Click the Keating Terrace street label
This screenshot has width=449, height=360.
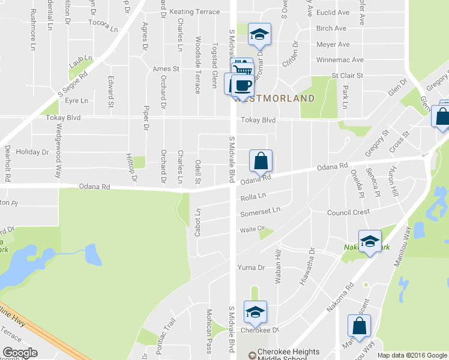coord(194,11)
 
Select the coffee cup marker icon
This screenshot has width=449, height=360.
coord(242,85)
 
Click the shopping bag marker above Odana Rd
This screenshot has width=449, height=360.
coord(261,161)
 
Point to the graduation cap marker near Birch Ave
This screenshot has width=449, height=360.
coord(260,34)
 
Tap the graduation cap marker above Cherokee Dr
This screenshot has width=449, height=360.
coord(255,312)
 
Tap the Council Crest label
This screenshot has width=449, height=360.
coord(348,212)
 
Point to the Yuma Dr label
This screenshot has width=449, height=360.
coord(252,268)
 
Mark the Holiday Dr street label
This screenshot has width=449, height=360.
coord(32,152)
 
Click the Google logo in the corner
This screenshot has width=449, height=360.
coord(20,353)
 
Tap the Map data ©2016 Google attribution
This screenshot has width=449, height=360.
coord(412,355)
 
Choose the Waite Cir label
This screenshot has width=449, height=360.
coord(253,229)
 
